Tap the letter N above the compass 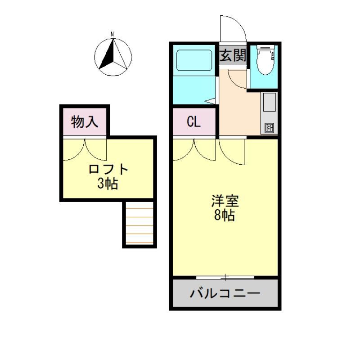click(113, 34)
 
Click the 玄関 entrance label click(233, 56)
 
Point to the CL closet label click(194, 122)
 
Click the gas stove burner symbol click(269, 128)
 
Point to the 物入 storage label click(85, 121)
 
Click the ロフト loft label click(108, 170)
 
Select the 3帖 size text click(108, 183)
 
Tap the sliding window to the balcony click(225, 276)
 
